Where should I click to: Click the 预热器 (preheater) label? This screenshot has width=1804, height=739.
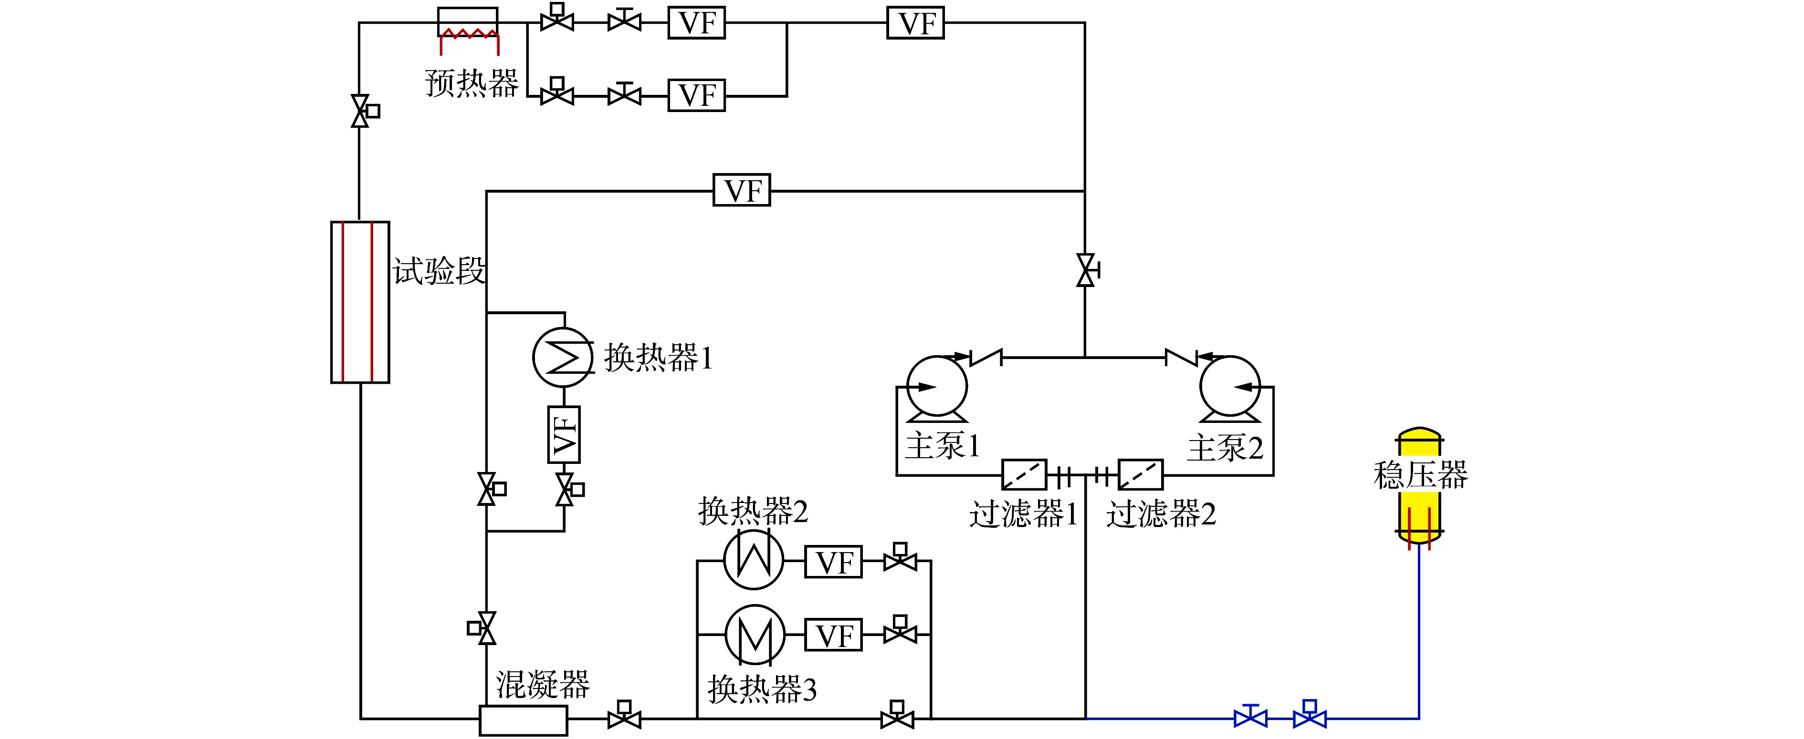click(472, 83)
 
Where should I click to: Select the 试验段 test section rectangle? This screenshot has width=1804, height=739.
click(360, 302)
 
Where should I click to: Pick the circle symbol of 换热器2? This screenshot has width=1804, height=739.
click(754, 560)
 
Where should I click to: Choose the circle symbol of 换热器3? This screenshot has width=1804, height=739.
click(755, 635)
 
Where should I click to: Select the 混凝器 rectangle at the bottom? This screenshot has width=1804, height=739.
click(523, 720)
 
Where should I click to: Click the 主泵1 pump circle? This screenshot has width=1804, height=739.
click(937, 386)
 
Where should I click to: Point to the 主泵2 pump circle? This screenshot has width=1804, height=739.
click(1230, 386)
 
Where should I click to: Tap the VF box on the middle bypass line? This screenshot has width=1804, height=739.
click(742, 190)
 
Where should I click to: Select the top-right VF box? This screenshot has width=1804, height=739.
click(915, 23)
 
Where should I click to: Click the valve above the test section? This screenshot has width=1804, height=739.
click(360, 111)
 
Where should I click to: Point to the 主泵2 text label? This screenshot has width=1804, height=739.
click(1225, 448)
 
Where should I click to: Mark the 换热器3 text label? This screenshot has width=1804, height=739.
click(762, 689)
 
